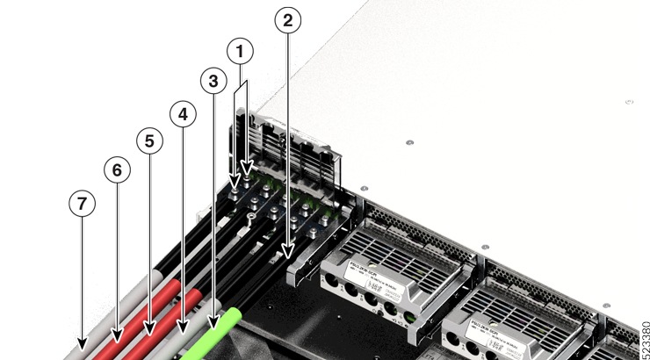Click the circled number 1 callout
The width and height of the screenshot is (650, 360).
pos(241,52)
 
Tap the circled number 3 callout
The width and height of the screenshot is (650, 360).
pos(212,82)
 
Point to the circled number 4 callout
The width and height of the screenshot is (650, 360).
pos(183,114)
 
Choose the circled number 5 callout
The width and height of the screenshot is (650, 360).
pos(149,140)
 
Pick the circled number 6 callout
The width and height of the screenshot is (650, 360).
pos(116,169)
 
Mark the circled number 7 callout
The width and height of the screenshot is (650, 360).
pos(82,203)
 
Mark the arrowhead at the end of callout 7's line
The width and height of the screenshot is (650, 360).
pos(82,343)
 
